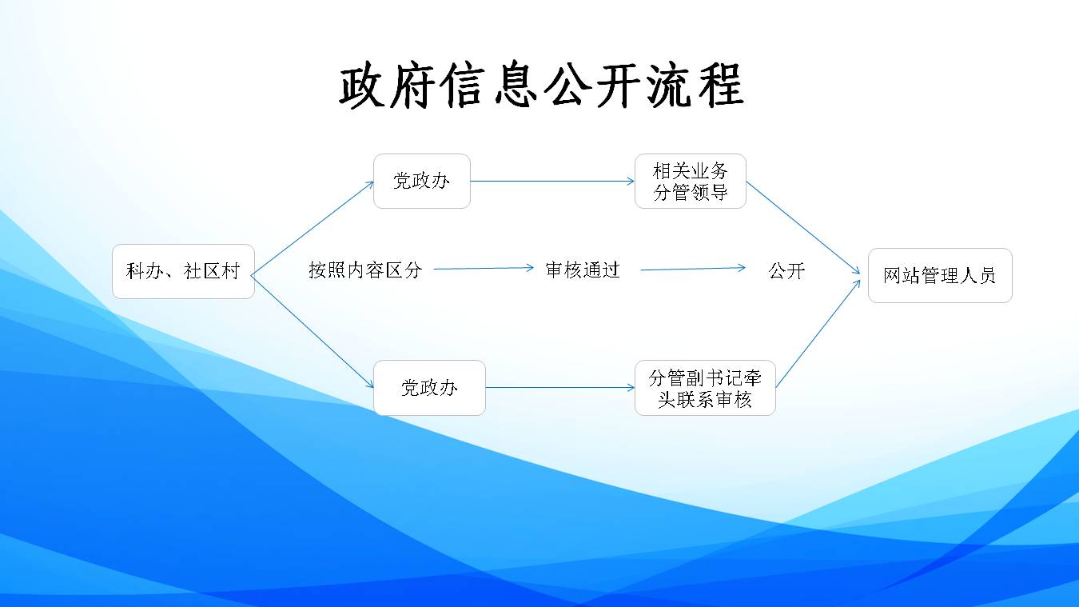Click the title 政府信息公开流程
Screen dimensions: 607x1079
click(541, 86)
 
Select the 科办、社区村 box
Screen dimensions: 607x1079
click(183, 271)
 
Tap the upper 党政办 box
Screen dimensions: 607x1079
click(421, 181)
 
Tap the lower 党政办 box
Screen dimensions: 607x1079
click(429, 388)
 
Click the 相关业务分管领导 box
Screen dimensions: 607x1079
click(690, 182)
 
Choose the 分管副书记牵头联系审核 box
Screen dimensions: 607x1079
click(704, 388)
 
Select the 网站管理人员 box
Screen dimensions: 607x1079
click(939, 276)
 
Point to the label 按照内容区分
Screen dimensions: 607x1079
click(365, 270)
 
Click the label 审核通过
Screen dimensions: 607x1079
click(582, 270)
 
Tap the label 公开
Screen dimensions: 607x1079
click(786, 270)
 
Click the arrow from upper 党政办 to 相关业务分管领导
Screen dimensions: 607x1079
click(552, 181)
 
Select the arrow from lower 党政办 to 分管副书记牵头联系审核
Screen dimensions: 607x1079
click(559, 388)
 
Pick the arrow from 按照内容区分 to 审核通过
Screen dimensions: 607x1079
click(483, 269)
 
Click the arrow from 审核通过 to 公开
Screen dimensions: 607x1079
click(692, 269)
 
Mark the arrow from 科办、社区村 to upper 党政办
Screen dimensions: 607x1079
click(313, 227)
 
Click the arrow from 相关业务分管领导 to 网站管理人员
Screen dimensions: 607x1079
click(803, 228)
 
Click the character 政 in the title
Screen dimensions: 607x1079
click(364, 86)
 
